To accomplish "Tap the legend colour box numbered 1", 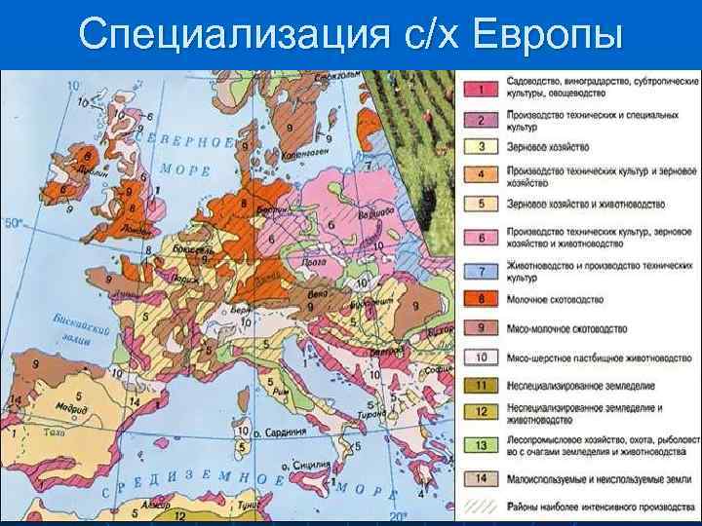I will click(481, 90).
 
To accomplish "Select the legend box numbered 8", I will click(481, 298).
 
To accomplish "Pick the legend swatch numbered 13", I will click(481, 447).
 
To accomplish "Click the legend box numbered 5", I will click(481, 204).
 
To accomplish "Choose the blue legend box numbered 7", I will click(481, 270).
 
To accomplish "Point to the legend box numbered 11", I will click(481, 386).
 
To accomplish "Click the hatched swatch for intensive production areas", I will click(481, 507).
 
